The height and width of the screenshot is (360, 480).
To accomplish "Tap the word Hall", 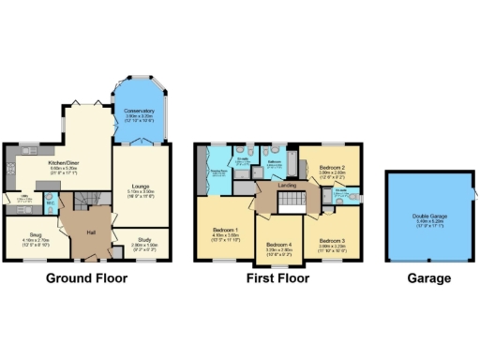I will (x=92, y=232).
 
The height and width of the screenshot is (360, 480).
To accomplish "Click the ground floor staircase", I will (x=87, y=198).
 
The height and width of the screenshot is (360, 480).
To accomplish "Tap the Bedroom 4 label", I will (x=277, y=245).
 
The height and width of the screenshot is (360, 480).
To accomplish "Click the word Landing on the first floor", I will (x=286, y=185).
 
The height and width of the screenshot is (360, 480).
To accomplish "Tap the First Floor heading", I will (x=278, y=278).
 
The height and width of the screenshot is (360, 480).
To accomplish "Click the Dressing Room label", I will (x=217, y=172).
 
